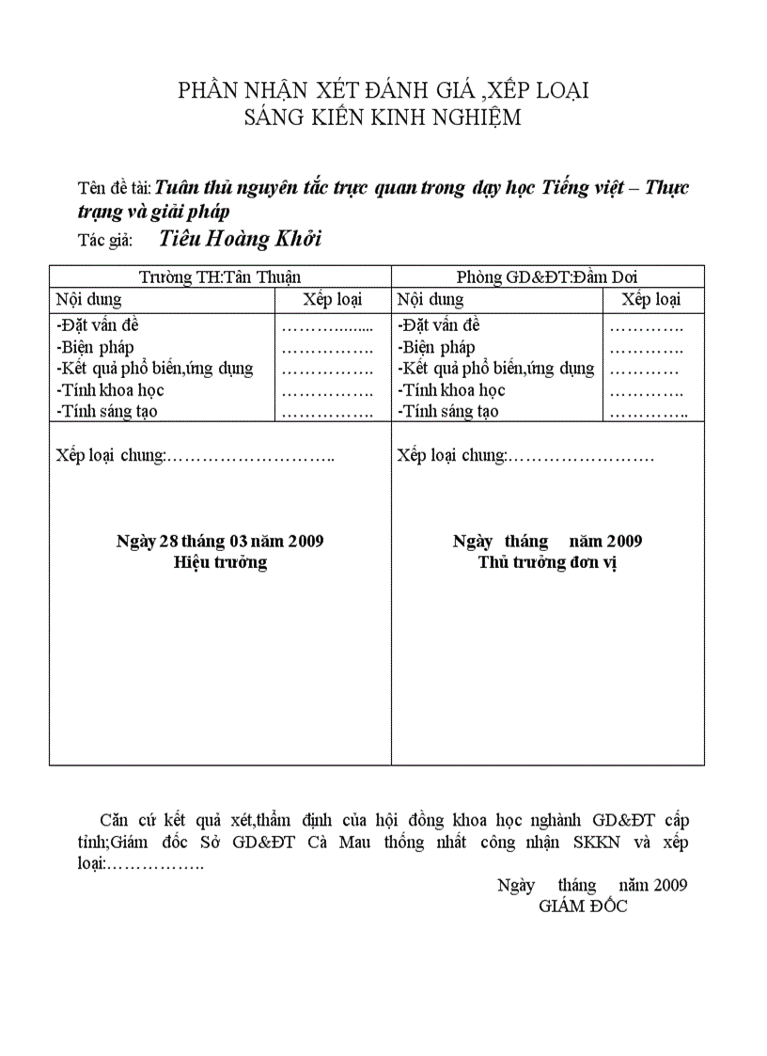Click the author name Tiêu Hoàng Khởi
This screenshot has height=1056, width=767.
[240, 239]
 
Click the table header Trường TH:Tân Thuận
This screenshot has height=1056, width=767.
[220, 276]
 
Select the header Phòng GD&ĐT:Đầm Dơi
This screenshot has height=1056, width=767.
[547, 276]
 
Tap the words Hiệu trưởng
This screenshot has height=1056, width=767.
[220, 562]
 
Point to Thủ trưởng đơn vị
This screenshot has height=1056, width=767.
[547, 562]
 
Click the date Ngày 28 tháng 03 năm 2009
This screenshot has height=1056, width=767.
[220, 541]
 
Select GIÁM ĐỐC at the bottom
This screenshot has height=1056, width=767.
[583, 906]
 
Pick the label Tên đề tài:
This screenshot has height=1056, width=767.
[114, 188]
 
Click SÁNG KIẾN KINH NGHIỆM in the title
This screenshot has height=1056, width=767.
[383, 118]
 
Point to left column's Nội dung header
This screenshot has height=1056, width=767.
[88, 300]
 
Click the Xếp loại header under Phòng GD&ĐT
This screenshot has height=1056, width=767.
[651, 300]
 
